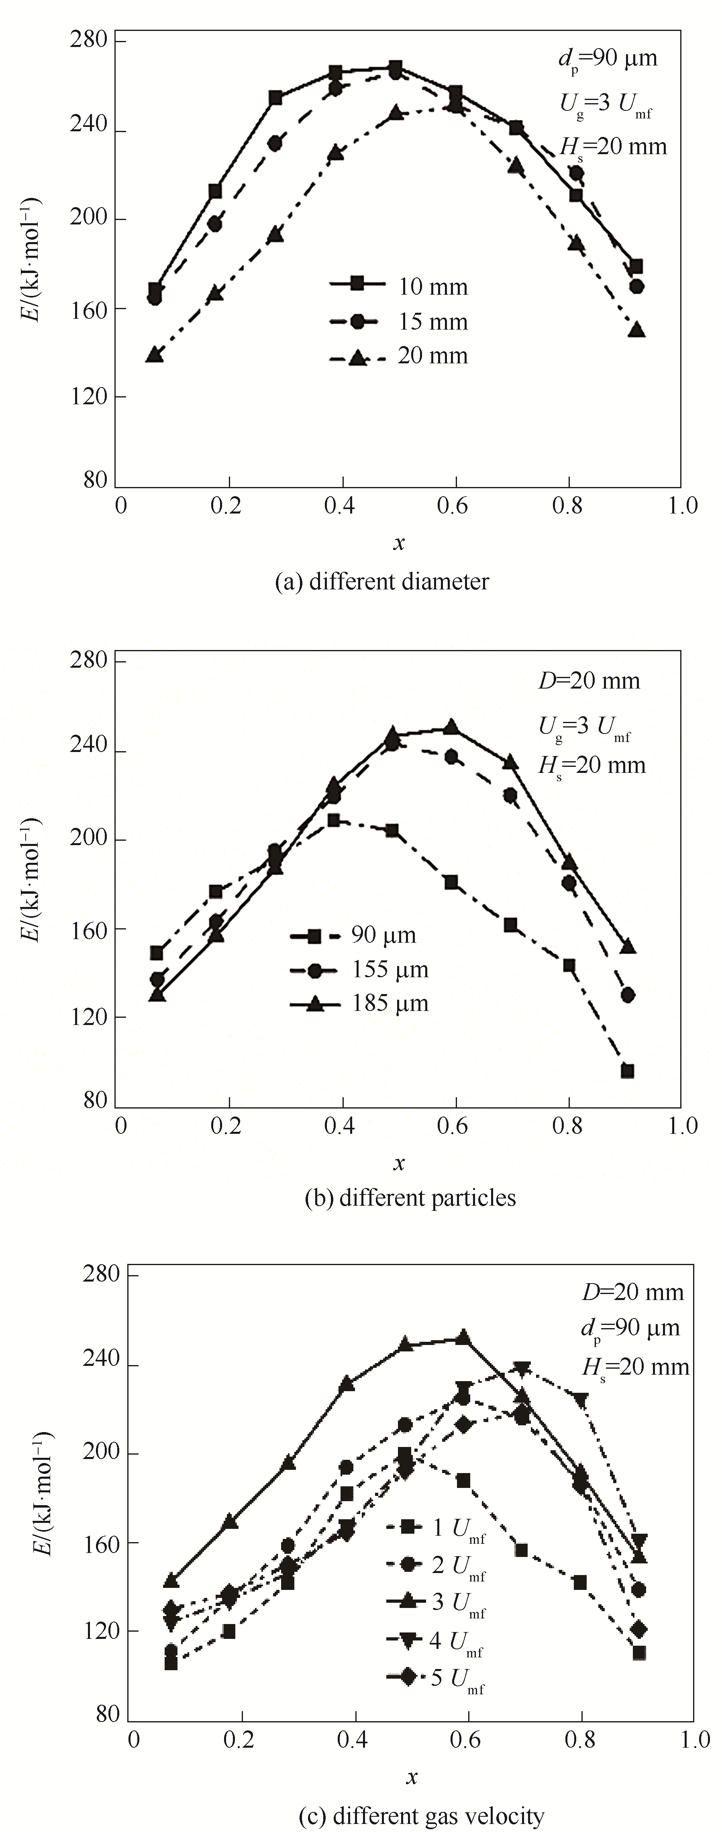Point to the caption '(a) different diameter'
[x=382, y=582]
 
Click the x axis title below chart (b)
[x=399, y=1163]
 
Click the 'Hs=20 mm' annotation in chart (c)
[x=635, y=1367]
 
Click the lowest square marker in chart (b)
[x=627, y=1071]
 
